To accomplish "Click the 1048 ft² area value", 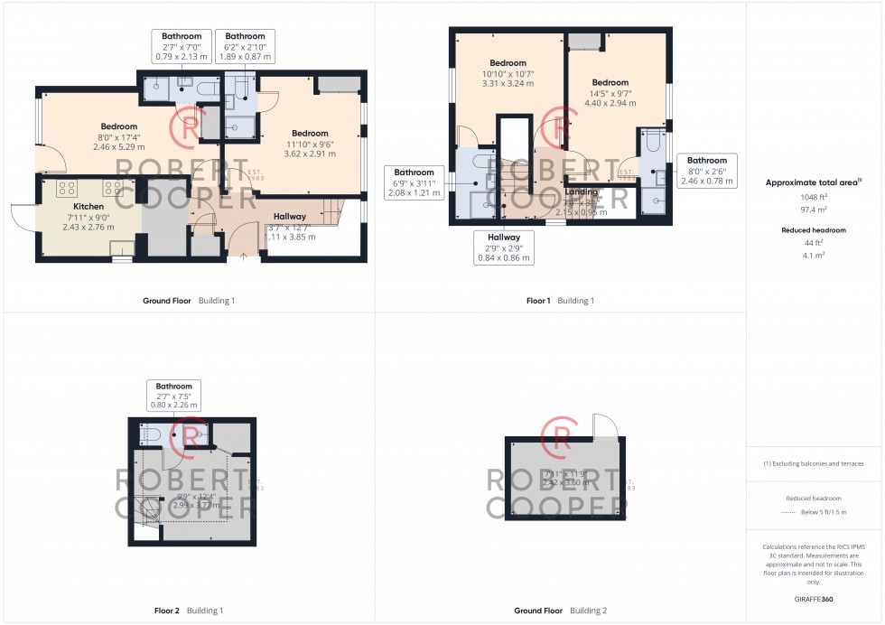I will tap(814, 196).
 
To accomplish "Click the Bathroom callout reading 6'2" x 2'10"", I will tap(245, 46).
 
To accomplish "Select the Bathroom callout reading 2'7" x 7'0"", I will tap(181, 46).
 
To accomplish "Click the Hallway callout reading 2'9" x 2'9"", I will tap(505, 247).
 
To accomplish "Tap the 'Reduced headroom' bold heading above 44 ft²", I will tap(814, 230).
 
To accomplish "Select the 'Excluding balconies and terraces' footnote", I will tap(814, 463).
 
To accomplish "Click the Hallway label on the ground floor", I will tap(290, 217).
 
